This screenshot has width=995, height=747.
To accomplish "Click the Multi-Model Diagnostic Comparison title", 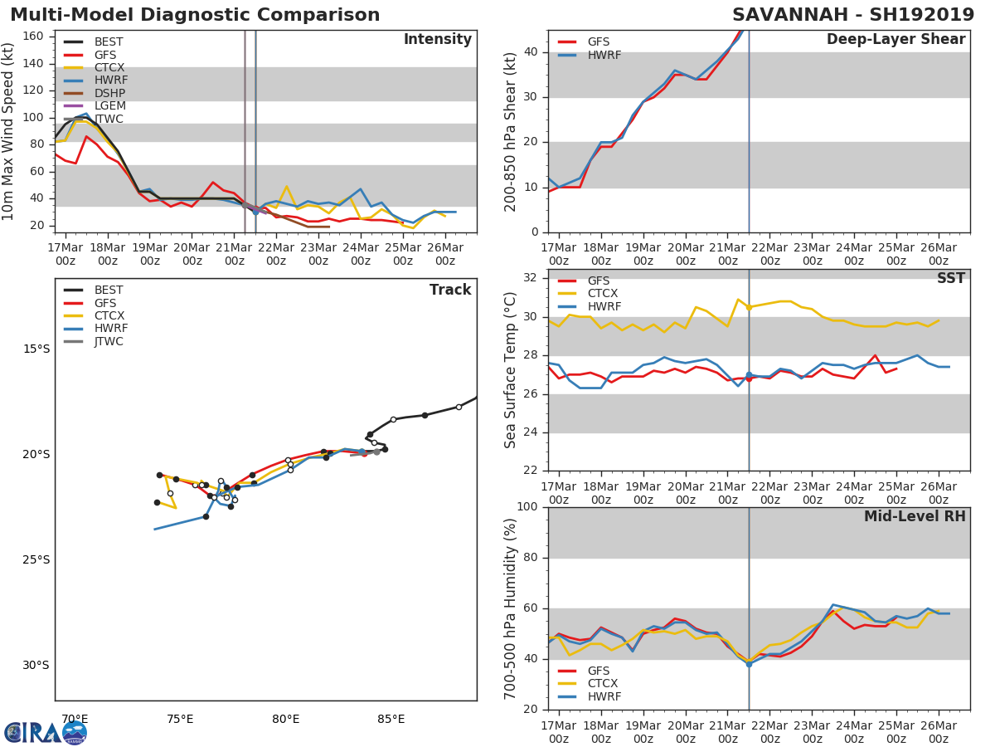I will (195, 15).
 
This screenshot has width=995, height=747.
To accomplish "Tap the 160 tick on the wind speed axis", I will (33, 37).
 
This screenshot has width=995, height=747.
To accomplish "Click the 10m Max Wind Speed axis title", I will (9, 131).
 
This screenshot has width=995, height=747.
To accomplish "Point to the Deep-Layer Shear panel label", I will (895, 40).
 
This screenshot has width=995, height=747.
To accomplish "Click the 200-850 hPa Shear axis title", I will (511, 131).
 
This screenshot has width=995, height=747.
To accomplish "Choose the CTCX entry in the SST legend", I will (602, 294).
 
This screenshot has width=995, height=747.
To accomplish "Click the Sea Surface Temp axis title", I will (511, 370).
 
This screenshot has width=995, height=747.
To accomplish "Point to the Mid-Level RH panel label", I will (915, 516).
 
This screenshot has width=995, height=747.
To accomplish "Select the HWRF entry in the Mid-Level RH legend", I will (604, 696).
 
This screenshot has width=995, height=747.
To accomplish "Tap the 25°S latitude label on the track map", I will (36, 559).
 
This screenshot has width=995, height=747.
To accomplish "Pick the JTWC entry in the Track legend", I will (109, 341).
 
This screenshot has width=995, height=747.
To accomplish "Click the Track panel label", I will (450, 290).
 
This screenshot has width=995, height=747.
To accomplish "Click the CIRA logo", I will (45, 732).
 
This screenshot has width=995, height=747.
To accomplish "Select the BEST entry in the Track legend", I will (109, 290).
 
